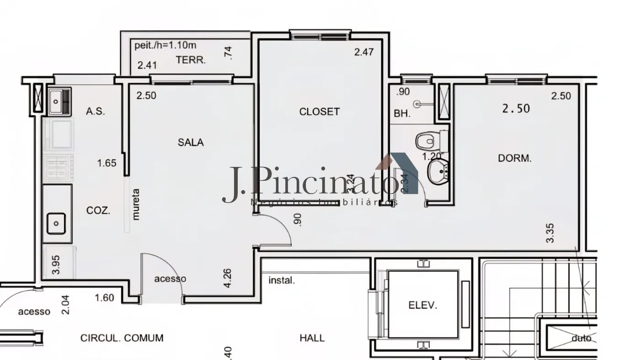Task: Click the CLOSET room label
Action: click(x=319, y=112)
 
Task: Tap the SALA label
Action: click(x=191, y=142)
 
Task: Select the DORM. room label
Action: click(x=514, y=159)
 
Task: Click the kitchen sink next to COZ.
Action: click(x=56, y=223)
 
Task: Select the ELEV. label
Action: click(x=422, y=306)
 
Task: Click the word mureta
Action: click(x=135, y=204)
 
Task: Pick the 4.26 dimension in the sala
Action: click(x=229, y=278)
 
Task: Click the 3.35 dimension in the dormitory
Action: click(x=550, y=233)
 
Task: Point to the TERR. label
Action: click(x=191, y=59)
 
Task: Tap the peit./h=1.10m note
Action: click(x=165, y=45)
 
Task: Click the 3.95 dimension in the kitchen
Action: click(x=56, y=265)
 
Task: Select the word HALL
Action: click(x=312, y=338)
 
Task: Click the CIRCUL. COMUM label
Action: click(x=122, y=338)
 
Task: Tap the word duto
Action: click(x=581, y=339)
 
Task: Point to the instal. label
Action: click(x=281, y=280)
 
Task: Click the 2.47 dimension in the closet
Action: click(x=364, y=52)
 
